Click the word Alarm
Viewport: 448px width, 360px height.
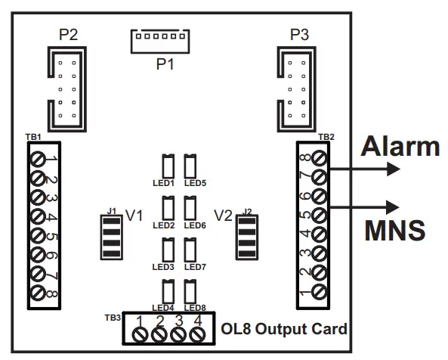click(398, 145)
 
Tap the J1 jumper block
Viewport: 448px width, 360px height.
click(112, 236)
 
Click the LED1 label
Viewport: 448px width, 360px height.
click(163, 183)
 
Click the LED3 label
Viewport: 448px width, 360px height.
click(163, 267)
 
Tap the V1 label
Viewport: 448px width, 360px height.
click(134, 216)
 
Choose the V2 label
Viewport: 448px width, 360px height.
click(224, 216)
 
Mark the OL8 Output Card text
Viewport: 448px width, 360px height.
click(285, 329)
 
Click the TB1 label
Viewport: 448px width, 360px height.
click(33, 136)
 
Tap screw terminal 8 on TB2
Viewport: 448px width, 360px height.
click(318, 158)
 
